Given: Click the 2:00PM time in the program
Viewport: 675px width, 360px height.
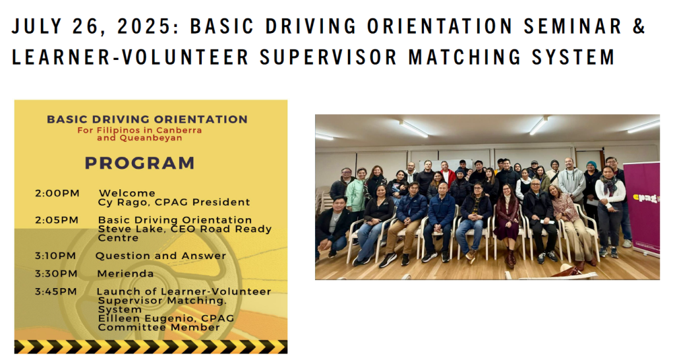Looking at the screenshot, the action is tap(57, 193).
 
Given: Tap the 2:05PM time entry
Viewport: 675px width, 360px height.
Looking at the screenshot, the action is tap(57, 220).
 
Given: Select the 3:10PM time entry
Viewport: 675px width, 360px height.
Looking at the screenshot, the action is tap(55, 256).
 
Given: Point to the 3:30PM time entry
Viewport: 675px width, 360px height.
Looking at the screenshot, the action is tap(57, 274).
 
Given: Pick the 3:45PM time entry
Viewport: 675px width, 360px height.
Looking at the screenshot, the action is tap(56, 292).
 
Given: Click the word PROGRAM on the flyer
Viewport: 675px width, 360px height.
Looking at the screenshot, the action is tap(140, 164).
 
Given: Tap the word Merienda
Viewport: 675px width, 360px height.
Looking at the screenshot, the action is tap(125, 274).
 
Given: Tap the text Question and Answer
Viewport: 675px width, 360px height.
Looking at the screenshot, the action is tap(161, 256).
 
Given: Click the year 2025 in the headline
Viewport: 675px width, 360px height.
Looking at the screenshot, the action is tap(146, 26).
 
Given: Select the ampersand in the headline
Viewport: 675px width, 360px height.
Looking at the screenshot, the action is tap(639, 26).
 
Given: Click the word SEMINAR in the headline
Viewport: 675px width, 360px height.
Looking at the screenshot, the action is tap(573, 26).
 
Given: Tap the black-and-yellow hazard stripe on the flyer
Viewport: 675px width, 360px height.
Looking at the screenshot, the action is tap(151, 347).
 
